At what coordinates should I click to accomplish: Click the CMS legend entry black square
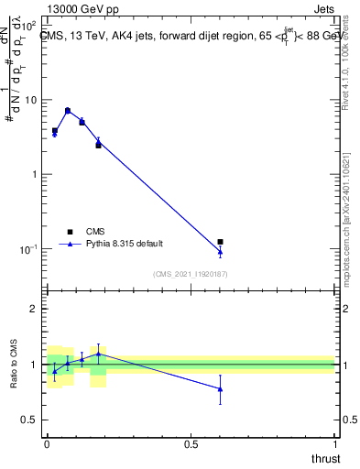point(69,232)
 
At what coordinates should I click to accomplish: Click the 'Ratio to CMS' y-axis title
point(14,364)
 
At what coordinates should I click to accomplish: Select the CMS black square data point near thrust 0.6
point(220,242)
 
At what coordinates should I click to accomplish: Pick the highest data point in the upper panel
point(68,110)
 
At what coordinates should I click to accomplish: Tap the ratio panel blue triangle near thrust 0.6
point(220,388)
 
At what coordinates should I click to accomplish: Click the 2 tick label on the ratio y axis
point(34,309)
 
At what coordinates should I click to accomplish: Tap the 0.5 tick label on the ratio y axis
point(29,420)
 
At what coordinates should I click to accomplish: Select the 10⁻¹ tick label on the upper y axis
point(29,249)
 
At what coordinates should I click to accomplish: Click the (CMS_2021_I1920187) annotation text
point(190,274)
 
